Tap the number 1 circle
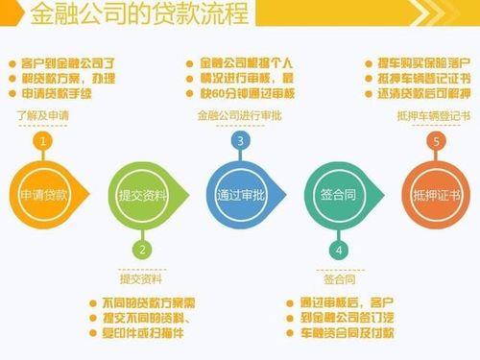[x=42, y=142]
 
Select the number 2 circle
[x=142, y=249]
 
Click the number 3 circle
[x=240, y=142]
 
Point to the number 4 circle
[x=339, y=249]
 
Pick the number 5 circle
[x=437, y=142]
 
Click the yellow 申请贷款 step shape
[x=44, y=195]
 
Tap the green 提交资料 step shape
[x=142, y=195]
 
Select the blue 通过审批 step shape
[x=240, y=195]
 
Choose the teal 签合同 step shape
[x=338, y=195]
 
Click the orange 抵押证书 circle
[x=435, y=195]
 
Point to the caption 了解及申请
[x=41, y=116]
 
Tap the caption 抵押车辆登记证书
[x=433, y=116]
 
